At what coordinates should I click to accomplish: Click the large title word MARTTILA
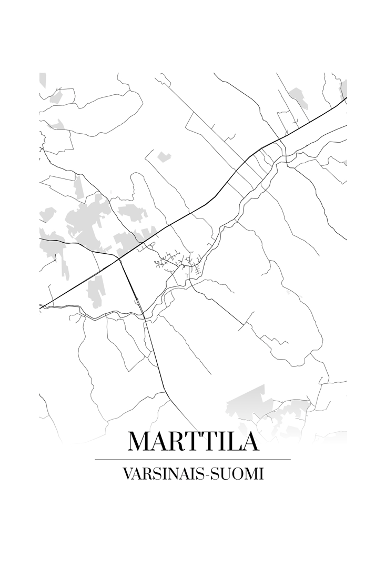click(x=193, y=441)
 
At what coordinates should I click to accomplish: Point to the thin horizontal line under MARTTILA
click(x=192, y=460)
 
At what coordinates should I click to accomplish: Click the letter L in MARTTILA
click(x=232, y=441)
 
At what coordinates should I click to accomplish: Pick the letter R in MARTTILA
click(x=180, y=441)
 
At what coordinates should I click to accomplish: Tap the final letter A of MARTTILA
click(x=249, y=441)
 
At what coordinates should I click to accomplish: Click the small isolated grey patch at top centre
click(x=164, y=156)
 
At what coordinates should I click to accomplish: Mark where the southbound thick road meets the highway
click(x=119, y=259)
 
